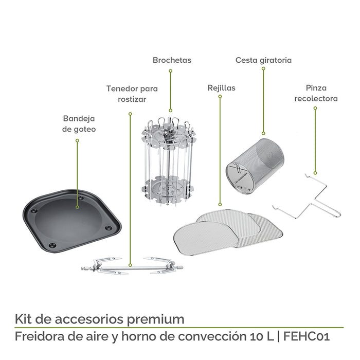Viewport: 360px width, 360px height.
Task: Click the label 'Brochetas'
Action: click(x=172, y=60)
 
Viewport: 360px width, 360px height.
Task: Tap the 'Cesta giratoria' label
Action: click(x=263, y=60)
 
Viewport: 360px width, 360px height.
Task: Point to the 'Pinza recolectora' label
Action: click(x=316, y=93)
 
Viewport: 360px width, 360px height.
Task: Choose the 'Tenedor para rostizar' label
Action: click(x=132, y=94)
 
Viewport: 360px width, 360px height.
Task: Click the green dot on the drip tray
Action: click(x=78, y=207)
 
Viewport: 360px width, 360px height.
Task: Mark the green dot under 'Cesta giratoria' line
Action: click(x=263, y=133)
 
